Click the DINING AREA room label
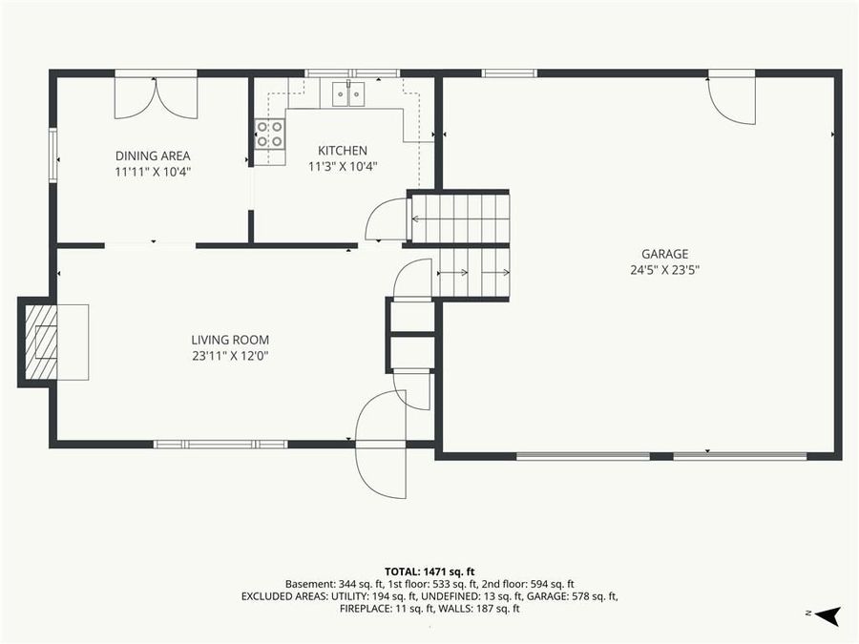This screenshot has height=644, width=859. [x=153, y=156]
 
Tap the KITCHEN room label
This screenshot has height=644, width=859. [x=343, y=150]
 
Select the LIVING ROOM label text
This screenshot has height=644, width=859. [x=230, y=340]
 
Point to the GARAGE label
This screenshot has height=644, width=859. [x=664, y=254]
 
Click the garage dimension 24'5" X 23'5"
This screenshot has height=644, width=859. [x=664, y=269]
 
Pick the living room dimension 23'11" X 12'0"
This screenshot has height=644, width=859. [x=230, y=356]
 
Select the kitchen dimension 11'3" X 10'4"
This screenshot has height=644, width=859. [x=343, y=166]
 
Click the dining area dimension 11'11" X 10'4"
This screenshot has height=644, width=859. [x=153, y=172]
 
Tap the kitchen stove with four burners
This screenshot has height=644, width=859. [x=270, y=135]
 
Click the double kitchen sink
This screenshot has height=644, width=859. [x=348, y=93]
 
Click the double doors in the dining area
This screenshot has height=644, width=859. [x=156, y=97]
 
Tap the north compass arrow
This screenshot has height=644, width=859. [x=828, y=615]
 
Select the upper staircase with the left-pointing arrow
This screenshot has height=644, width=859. [x=460, y=218]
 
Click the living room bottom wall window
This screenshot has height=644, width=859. [x=220, y=444]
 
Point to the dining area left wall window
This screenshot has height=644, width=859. [x=53, y=155]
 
